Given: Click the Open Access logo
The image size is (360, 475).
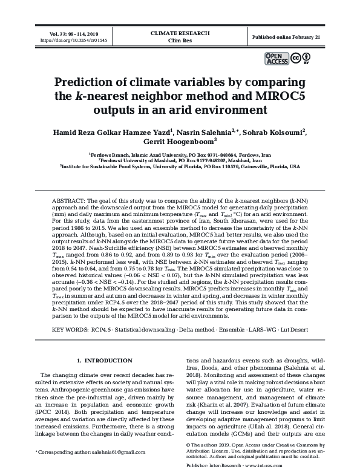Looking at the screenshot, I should [277, 59].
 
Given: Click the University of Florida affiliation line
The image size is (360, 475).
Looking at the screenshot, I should [180, 166].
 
